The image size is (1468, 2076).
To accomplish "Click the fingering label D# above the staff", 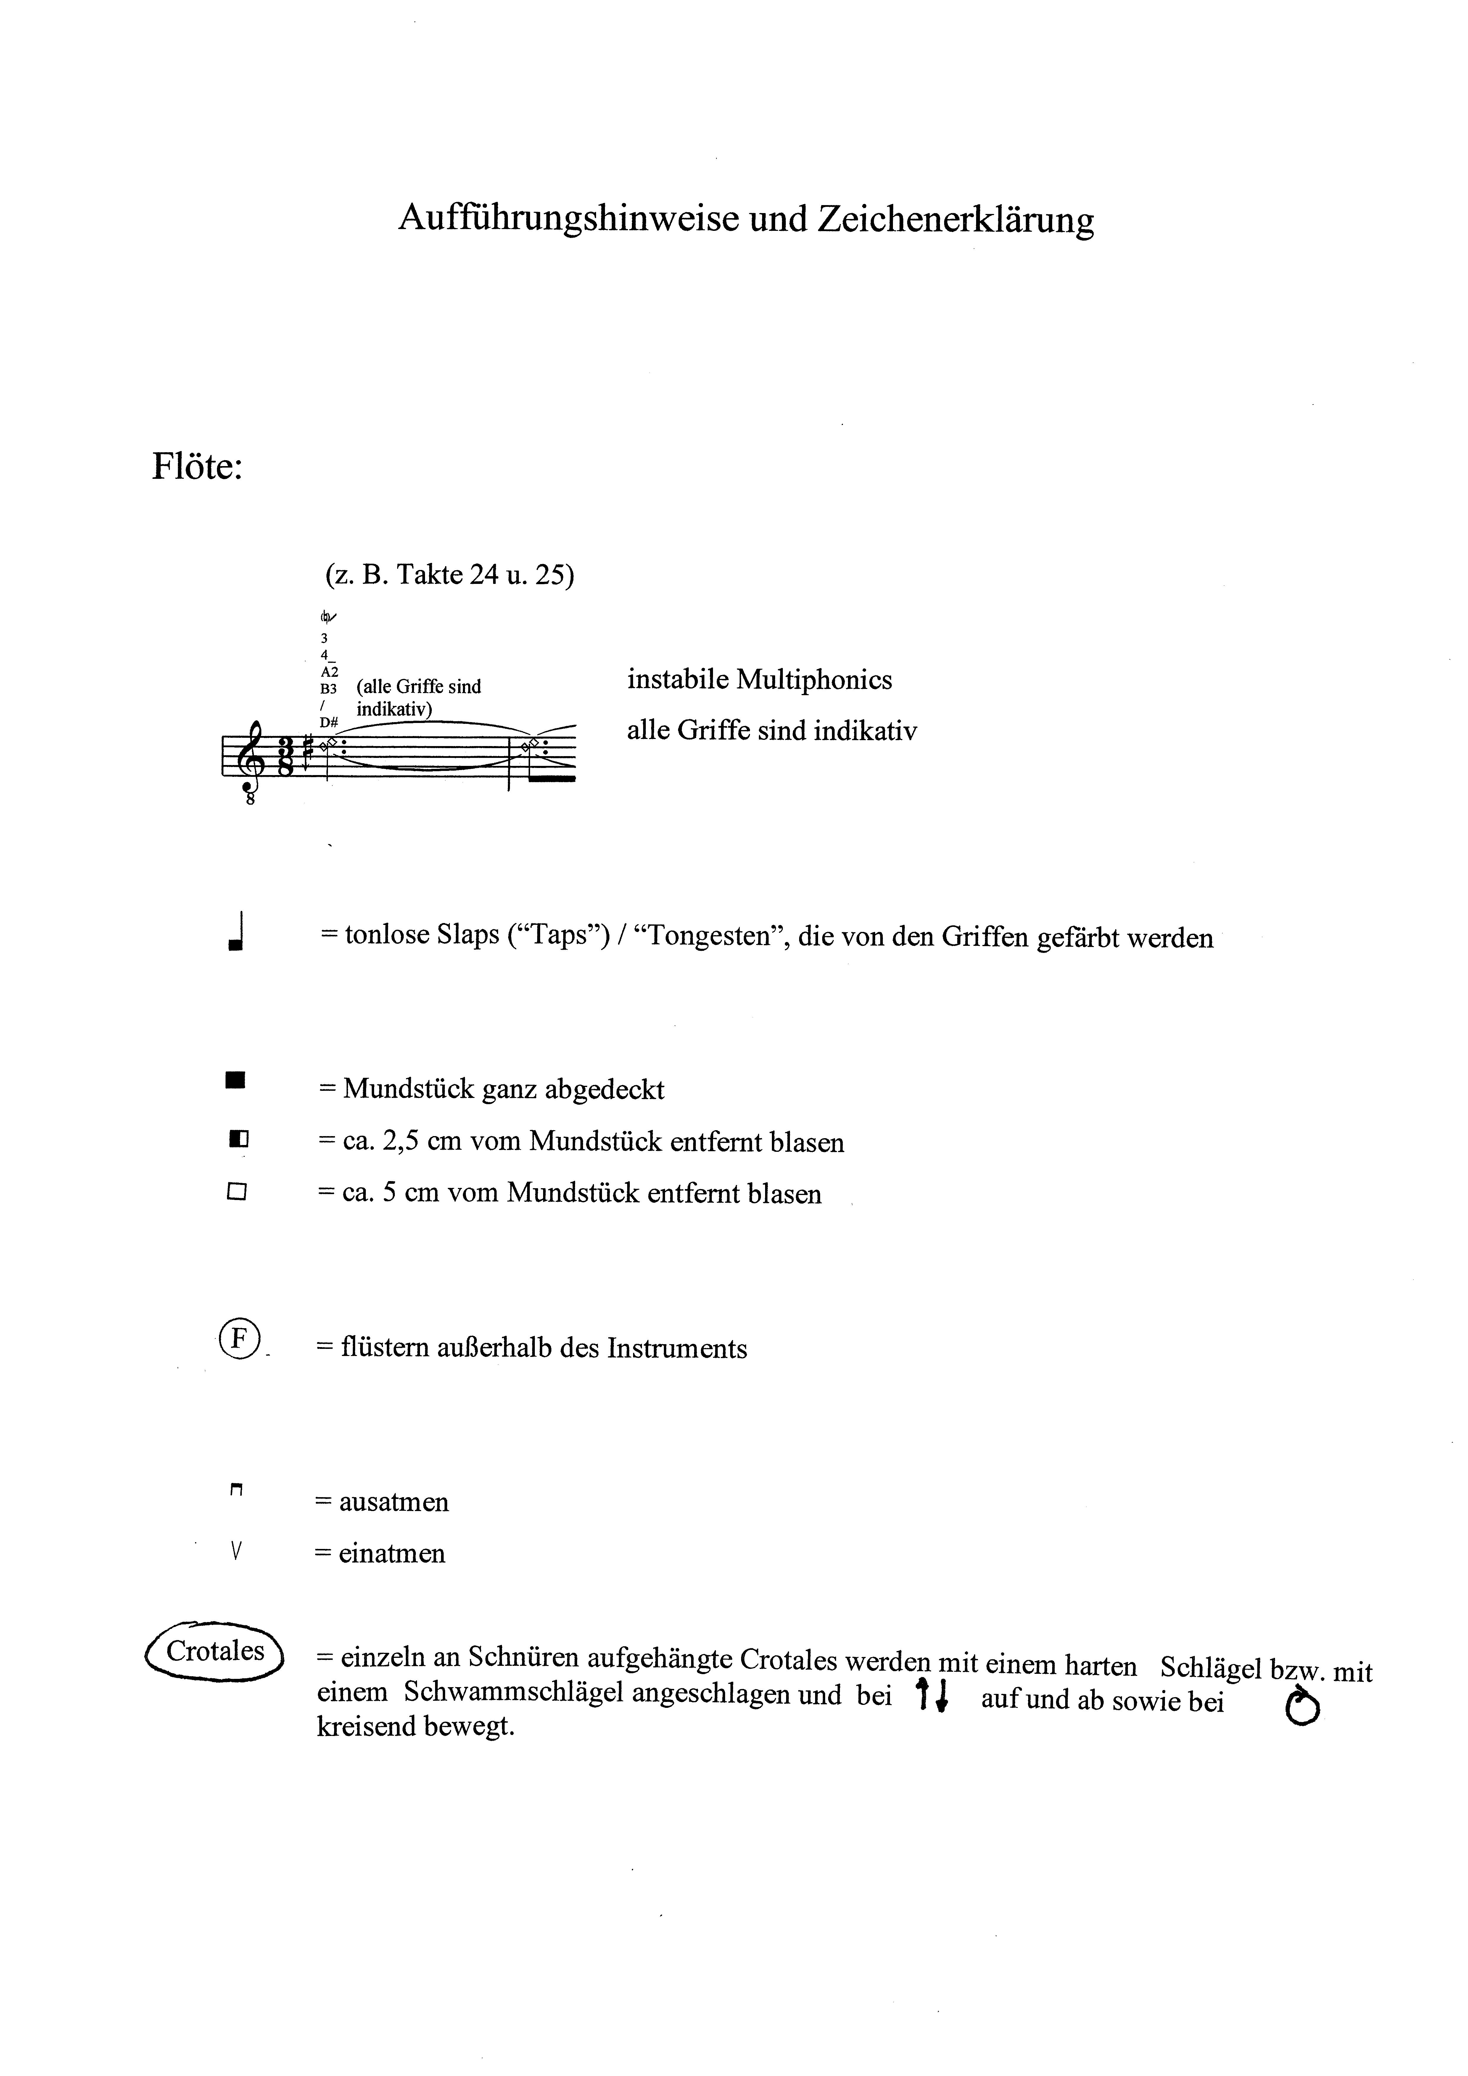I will (x=328, y=722).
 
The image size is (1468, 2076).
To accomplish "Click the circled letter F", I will (x=238, y=1339).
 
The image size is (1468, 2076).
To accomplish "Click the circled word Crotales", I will (x=215, y=1651).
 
